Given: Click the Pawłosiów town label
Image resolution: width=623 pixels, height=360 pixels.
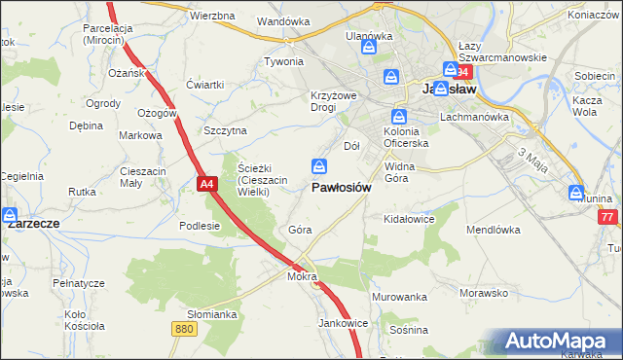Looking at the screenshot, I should click(341, 188).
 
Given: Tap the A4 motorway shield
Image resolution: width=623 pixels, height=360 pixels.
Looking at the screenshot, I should click(205, 182).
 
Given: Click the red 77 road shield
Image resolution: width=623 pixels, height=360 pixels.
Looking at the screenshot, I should click(608, 216).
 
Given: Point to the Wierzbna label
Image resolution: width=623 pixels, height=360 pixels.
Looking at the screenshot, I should click(213, 17).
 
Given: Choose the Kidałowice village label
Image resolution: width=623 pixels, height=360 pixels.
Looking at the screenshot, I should click(409, 220).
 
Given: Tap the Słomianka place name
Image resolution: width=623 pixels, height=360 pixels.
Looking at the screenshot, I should click(212, 314).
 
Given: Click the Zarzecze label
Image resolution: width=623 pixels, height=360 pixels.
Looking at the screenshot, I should click(33, 223).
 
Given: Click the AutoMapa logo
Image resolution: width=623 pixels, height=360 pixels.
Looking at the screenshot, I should click(556, 342).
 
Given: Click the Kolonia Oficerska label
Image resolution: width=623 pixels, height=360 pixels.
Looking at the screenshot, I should click(407, 137).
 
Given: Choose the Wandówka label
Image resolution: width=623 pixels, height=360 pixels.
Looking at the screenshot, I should click(283, 20).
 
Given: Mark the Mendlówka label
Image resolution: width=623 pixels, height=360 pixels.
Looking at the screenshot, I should click(495, 232).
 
